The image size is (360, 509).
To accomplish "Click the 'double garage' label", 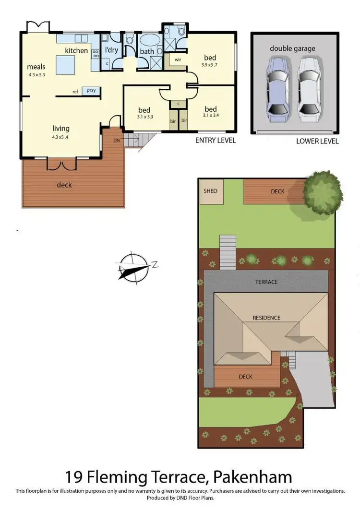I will [292, 48].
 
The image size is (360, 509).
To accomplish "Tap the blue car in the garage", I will [277, 89].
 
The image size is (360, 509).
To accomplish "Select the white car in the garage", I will [309, 89].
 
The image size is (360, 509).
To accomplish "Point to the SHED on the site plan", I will [210, 191].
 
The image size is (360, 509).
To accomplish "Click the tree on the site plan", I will [323, 192].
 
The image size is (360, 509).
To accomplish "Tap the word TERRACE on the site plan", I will [266, 282].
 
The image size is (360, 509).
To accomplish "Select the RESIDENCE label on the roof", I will [267, 318].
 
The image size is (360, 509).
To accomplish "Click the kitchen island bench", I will [65, 65].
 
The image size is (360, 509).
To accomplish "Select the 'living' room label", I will [61, 128].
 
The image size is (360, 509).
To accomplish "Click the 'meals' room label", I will [36, 67].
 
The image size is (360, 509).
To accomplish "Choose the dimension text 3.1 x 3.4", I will [210, 115].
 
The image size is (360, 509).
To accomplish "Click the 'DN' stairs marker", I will [117, 141].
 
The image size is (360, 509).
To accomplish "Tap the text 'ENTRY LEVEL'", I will [215, 141].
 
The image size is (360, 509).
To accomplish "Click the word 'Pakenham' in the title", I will [253, 477].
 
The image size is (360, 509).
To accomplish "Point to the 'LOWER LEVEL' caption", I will [317, 141].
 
